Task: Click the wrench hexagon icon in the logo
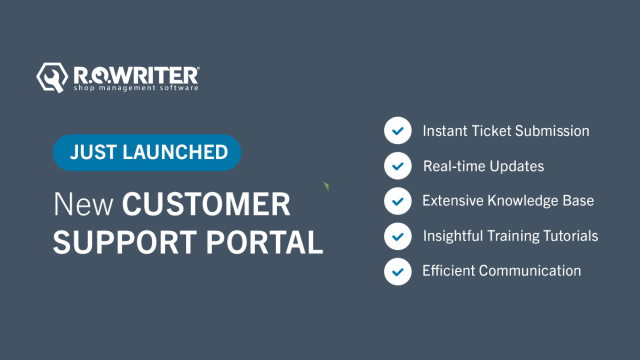(x=52, y=77)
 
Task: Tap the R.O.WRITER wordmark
(x=136, y=75)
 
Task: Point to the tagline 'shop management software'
(x=136, y=88)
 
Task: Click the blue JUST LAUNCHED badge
(x=147, y=152)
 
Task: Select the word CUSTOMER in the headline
(x=206, y=204)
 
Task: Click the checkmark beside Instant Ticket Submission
(x=398, y=131)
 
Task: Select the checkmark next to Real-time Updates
(x=398, y=166)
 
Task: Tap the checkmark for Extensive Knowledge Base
(x=398, y=201)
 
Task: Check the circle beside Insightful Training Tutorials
(x=398, y=236)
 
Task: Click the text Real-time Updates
(x=483, y=166)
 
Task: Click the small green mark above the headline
(x=326, y=186)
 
